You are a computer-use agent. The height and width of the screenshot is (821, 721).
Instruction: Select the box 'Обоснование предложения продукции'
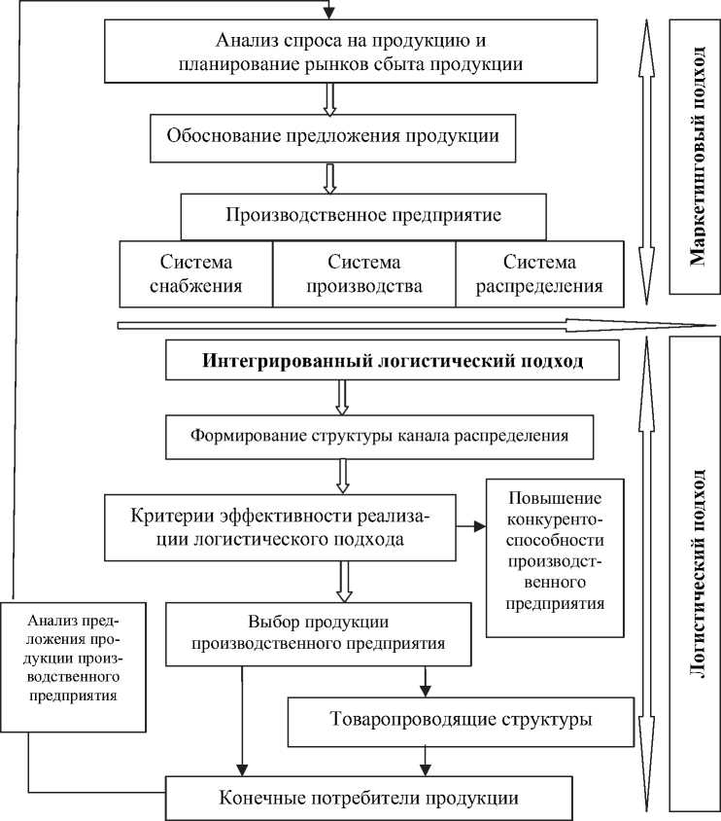tap(333, 137)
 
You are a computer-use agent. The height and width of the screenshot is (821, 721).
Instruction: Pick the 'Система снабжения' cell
tap(195, 274)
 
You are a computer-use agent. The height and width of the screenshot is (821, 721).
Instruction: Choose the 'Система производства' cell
tap(363, 274)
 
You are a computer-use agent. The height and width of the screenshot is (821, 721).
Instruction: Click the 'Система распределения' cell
tap(539, 274)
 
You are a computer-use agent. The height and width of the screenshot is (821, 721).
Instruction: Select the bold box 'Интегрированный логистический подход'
tap(394, 362)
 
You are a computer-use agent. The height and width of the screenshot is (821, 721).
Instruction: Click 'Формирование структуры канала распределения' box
tap(380, 437)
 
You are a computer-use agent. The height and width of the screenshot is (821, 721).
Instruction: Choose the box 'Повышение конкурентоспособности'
tap(556, 557)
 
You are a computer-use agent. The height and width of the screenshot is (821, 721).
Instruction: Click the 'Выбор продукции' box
tap(320, 633)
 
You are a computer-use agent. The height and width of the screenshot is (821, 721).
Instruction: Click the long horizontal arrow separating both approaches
tap(408, 325)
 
